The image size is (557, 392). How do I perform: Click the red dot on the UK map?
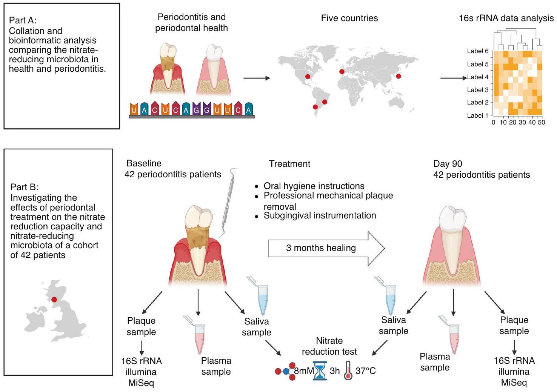point(54,300)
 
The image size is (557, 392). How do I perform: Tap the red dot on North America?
point(308,77)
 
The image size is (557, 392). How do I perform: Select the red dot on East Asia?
point(398,76)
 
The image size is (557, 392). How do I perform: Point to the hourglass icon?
point(320,371)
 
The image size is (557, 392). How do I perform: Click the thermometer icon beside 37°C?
point(348,371)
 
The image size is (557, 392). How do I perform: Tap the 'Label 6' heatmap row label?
point(477,51)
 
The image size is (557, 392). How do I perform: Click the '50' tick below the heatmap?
point(542,123)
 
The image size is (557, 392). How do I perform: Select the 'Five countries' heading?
point(349,18)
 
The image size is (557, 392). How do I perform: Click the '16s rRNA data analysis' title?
point(506,18)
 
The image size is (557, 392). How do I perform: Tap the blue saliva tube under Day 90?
point(390,298)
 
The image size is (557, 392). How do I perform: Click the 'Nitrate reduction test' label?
point(329,346)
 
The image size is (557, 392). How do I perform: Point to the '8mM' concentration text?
point(304,371)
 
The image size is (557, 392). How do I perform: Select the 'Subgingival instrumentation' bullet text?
point(320,215)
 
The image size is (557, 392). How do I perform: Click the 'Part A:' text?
point(23,21)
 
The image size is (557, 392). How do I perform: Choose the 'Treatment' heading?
point(289,164)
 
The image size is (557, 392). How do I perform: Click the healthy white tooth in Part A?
point(213,70)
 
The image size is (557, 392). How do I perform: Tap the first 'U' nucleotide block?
point(134,109)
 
